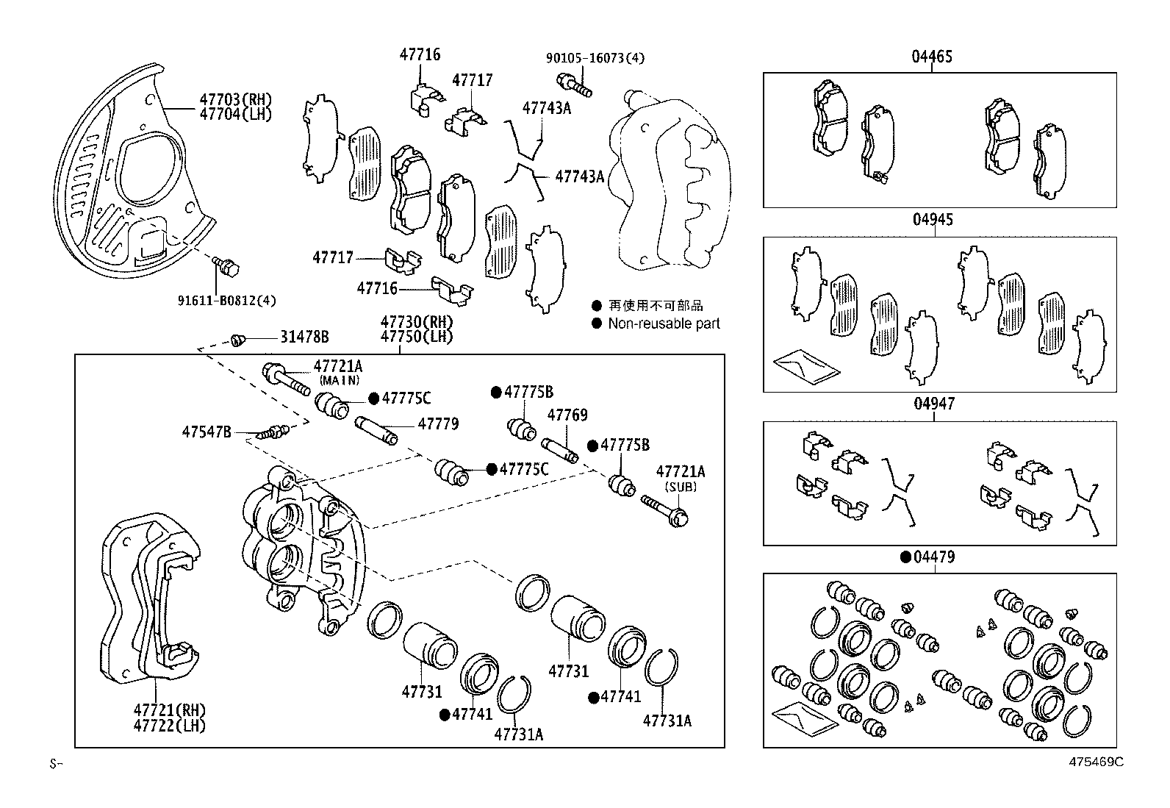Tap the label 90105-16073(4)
[595, 57]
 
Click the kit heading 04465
[933, 57]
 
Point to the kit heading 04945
[933, 220]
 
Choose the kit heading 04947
[933, 404]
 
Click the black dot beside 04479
[906, 557]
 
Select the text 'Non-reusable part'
[664, 323]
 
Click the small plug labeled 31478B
[237, 339]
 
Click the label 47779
[438, 423]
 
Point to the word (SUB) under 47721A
[680, 486]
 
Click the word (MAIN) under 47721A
[339, 380]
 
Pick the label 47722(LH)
[169, 725]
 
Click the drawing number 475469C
[1096, 762]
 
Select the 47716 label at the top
[420, 54]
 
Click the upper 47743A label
[546, 108]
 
